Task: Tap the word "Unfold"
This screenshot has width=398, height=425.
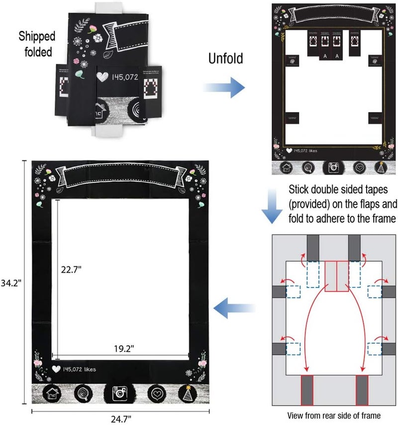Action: [x=225, y=59]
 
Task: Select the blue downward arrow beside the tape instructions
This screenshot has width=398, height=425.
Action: [x=272, y=206]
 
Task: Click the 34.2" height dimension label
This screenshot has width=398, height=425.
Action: [x=10, y=286]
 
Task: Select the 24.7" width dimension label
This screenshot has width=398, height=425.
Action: [x=120, y=418]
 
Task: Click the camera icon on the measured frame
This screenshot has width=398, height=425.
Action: [x=119, y=394]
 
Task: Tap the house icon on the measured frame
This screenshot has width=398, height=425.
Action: [x=52, y=394]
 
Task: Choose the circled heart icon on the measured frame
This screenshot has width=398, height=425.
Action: [x=156, y=394]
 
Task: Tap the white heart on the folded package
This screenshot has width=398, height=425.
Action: [x=102, y=77]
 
